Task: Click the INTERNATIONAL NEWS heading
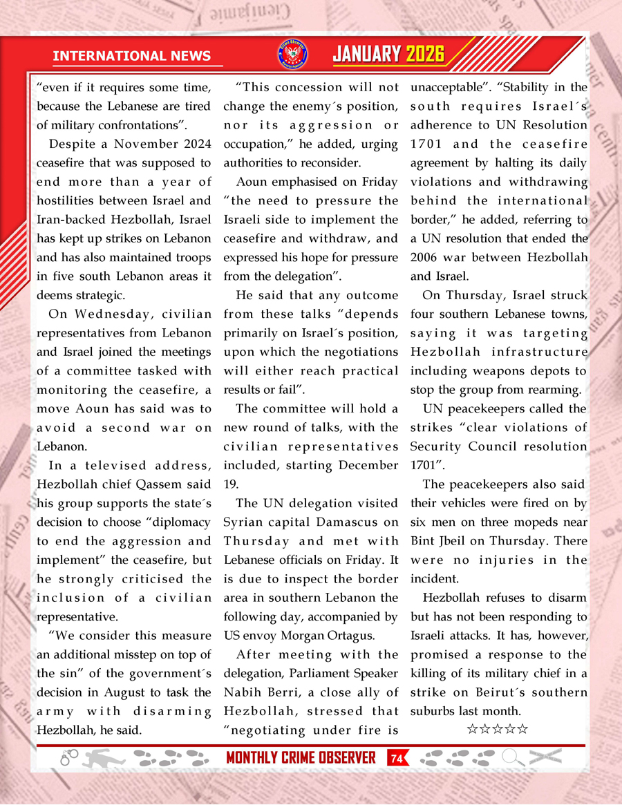coord(131,56)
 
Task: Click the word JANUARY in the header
coord(366,55)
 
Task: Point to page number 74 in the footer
coord(397,759)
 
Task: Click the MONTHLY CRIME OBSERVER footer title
coord(301,758)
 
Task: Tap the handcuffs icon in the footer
coord(69,758)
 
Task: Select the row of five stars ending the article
coord(498,728)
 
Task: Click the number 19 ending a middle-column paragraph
coord(230,484)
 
